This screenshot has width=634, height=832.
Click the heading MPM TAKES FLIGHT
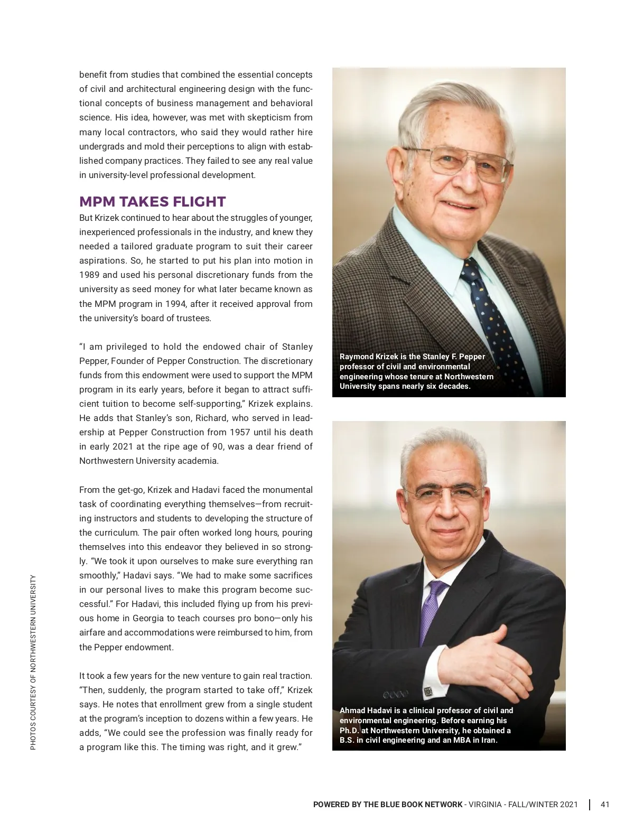tap(152, 202)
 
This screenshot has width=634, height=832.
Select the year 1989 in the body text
tap(89, 275)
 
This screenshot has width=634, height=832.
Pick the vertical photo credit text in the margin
tap(33, 661)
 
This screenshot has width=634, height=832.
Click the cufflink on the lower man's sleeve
tap(428, 691)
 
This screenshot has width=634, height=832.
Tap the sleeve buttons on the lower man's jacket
tap(396, 694)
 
